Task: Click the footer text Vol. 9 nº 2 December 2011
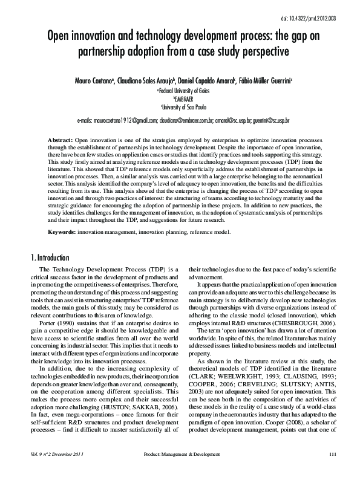click(56, 471)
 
